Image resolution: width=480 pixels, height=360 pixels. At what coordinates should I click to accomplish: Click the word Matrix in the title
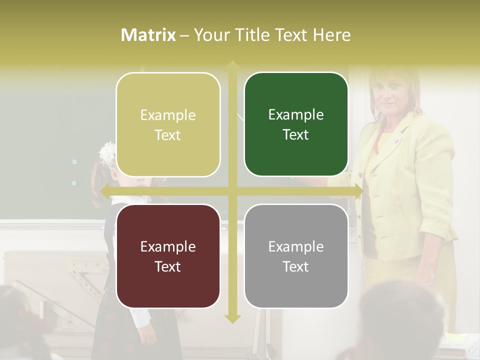(148, 35)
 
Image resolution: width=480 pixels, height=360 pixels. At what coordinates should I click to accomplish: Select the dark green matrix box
(296, 124)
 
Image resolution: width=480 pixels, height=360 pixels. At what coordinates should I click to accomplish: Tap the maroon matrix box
(168, 256)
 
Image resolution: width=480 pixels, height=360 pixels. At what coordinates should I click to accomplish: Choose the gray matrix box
(296, 256)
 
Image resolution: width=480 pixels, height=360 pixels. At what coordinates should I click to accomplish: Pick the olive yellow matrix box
(168, 124)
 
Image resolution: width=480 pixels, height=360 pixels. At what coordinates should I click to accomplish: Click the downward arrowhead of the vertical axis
(232, 318)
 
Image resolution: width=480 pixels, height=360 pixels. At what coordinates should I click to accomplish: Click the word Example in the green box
(296, 115)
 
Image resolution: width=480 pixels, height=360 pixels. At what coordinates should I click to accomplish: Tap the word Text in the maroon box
(168, 266)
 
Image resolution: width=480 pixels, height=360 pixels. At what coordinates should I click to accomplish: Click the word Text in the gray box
(296, 266)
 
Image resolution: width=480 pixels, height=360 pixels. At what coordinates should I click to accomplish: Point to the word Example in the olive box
(168, 115)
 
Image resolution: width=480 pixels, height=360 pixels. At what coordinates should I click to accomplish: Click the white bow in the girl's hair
(107, 153)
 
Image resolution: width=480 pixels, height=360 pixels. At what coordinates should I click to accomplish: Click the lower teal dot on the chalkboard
(74, 183)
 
